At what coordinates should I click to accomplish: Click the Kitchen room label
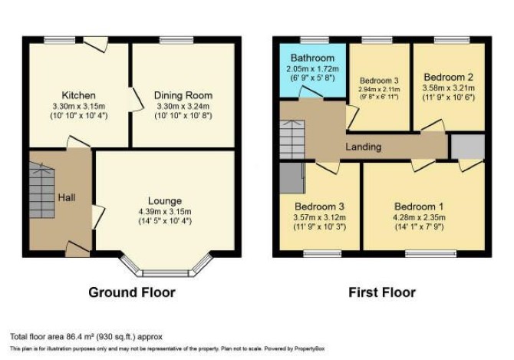[x=79, y=95]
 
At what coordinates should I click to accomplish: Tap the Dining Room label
[x=183, y=95]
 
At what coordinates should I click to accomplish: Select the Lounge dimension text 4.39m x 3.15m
[x=165, y=212]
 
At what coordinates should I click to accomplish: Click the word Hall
[x=67, y=197]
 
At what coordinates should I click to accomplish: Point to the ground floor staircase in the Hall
[x=41, y=190]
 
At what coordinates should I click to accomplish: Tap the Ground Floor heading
[x=132, y=292]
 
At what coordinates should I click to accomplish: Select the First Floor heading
[x=382, y=292]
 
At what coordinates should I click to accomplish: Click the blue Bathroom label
[x=312, y=58]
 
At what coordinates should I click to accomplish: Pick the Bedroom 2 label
[x=449, y=77]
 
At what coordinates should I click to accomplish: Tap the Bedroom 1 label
[x=419, y=206]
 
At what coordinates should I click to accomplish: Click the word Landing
[x=364, y=147]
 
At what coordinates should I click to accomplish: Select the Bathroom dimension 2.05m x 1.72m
[x=312, y=69]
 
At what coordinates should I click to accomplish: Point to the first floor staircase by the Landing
[x=292, y=140]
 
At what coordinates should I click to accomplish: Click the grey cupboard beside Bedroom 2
[x=468, y=147]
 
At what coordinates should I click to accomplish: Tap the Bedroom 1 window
[x=430, y=254]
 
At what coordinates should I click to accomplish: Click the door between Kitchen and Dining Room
[x=135, y=100]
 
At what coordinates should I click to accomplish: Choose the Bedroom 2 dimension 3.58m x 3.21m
[x=449, y=88]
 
